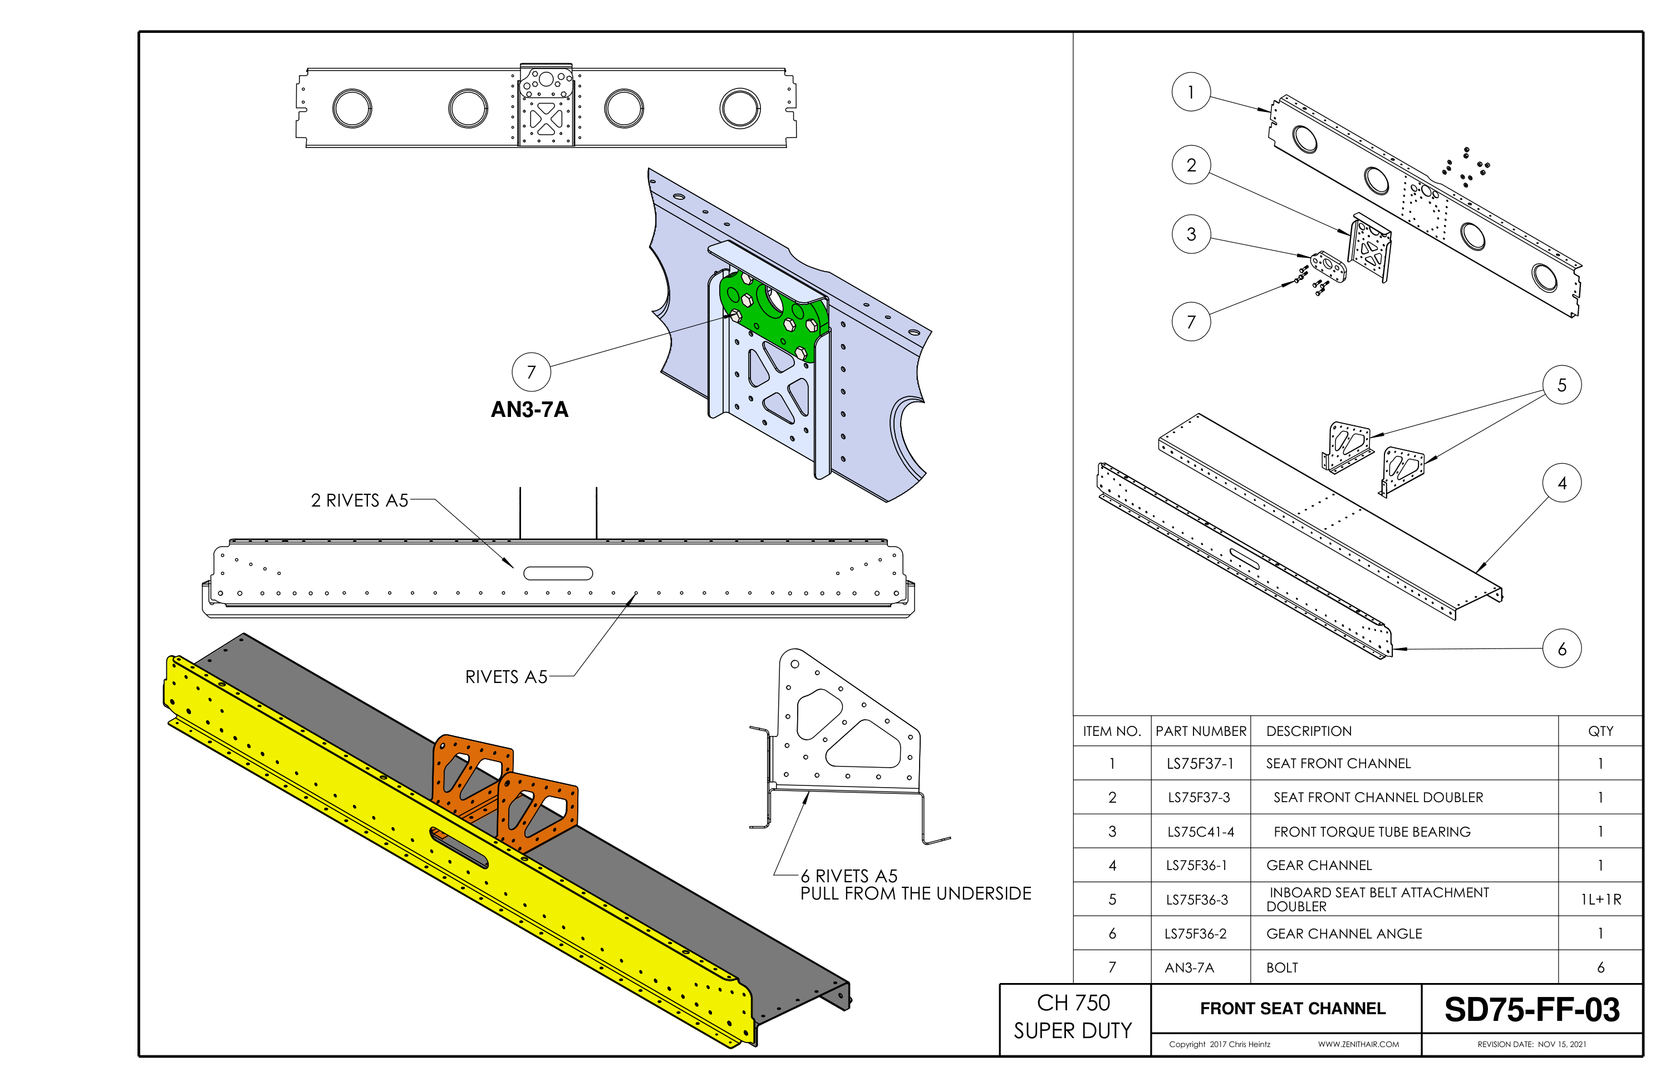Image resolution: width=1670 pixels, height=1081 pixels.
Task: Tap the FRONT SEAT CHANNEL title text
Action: click(1293, 1008)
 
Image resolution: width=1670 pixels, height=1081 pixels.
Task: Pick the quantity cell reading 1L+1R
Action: click(1600, 900)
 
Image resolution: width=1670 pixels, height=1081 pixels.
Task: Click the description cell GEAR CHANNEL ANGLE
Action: click(1344, 933)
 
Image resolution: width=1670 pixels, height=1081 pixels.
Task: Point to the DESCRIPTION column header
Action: click(1309, 731)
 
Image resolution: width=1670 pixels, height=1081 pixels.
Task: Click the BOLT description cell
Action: click(1282, 967)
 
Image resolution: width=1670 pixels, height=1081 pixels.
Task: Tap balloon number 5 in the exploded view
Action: click(1562, 385)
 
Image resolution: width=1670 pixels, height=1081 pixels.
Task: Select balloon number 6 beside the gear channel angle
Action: click(1562, 649)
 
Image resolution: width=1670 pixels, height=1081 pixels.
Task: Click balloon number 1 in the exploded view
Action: click(1191, 92)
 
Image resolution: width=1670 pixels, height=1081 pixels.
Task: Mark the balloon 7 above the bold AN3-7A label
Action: click(531, 372)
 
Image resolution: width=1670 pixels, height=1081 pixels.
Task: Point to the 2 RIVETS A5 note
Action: click(359, 500)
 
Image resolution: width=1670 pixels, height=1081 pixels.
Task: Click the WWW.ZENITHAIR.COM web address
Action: click(1358, 1044)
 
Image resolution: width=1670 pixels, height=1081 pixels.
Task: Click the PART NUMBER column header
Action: click(1201, 731)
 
